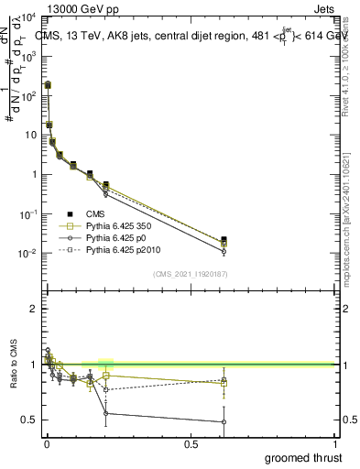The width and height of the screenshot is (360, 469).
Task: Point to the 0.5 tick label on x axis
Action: point(191,444)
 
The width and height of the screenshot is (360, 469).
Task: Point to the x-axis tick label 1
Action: point(335,444)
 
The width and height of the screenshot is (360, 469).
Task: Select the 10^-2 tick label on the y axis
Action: point(27,254)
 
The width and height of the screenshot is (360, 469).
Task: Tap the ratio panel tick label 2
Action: point(33,309)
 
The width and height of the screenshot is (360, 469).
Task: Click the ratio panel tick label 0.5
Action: point(29,420)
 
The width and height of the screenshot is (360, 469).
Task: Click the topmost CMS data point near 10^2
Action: point(48,85)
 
